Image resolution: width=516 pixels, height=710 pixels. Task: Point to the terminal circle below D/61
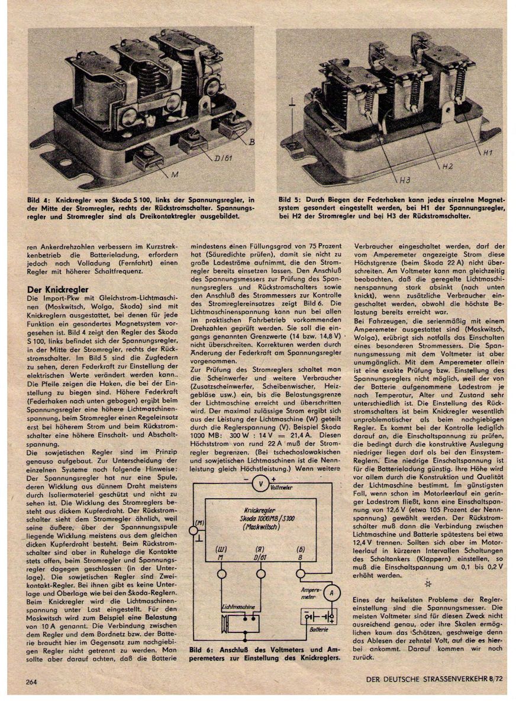point(260,573)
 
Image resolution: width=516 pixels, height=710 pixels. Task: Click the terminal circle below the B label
point(300,573)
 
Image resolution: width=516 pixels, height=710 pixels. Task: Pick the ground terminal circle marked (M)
point(193,530)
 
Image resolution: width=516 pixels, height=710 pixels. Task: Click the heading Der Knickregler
point(58,289)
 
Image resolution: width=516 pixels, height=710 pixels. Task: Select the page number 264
point(31,682)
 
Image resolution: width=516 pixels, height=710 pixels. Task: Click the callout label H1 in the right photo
point(487,153)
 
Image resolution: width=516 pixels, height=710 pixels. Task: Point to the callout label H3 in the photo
point(404,178)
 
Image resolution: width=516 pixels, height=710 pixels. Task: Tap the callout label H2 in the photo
point(447,167)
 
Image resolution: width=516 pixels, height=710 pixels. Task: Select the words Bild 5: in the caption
point(291,200)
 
